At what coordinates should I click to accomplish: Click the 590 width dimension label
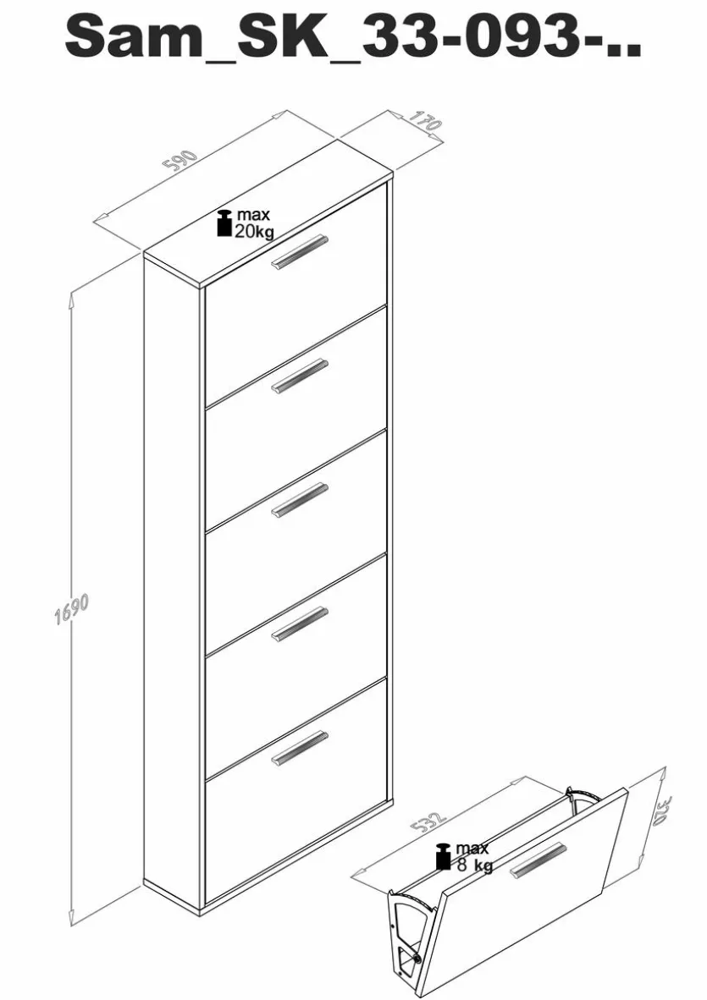click(181, 162)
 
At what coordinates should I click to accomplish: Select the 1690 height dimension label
click(71, 610)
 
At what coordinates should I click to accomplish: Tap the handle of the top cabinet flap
click(299, 251)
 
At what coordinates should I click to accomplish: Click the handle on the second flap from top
click(299, 376)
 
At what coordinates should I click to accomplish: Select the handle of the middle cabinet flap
click(299, 500)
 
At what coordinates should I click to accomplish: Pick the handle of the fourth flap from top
click(299, 624)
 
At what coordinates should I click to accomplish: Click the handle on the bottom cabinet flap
click(299, 747)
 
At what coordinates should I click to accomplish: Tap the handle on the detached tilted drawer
click(538, 860)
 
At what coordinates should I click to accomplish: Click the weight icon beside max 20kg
click(224, 223)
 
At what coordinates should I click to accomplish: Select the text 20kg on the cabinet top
click(255, 232)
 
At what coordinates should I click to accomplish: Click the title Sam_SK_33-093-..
click(353, 37)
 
